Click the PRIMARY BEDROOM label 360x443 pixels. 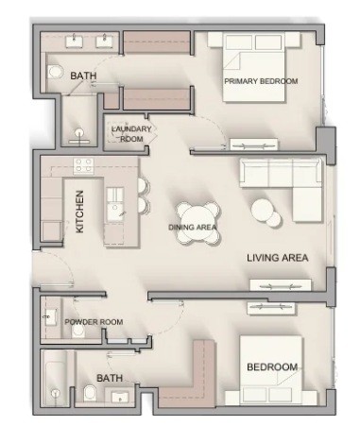pyautogui.click(x=261, y=81)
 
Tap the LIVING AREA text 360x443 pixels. pyautogui.click(x=277, y=258)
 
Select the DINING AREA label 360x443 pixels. pyautogui.click(x=193, y=228)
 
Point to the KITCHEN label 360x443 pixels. pyautogui.click(x=80, y=212)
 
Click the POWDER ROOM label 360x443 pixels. pyautogui.click(x=94, y=322)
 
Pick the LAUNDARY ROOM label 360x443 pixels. pyautogui.click(x=131, y=134)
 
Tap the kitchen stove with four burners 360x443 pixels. pyautogui.click(x=84, y=165)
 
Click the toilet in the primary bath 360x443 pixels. pyautogui.click(x=55, y=71)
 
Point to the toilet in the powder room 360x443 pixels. pyautogui.click(x=77, y=331)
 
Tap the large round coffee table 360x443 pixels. pyautogui.click(x=263, y=210)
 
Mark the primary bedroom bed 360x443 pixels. pyautogui.click(x=254, y=67)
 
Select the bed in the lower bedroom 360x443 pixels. pyautogui.click(x=271, y=369)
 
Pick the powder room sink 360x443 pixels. pyautogui.click(x=50, y=316)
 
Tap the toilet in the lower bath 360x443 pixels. pyautogui.click(x=90, y=392)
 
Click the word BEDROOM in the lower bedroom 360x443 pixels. pyautogui.click(x=272, y=367)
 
